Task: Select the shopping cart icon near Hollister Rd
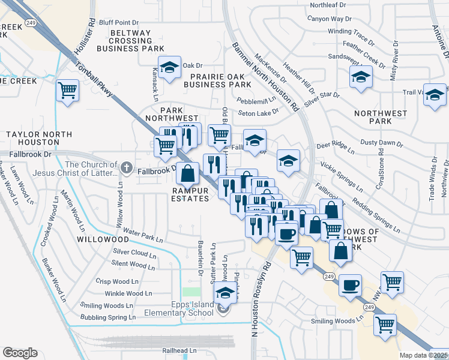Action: [x=67, y=92]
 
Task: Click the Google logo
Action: [x=20, y=352]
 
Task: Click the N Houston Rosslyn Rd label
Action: [x=260, y=297]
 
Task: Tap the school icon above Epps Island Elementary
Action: [x=224, y=293]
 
